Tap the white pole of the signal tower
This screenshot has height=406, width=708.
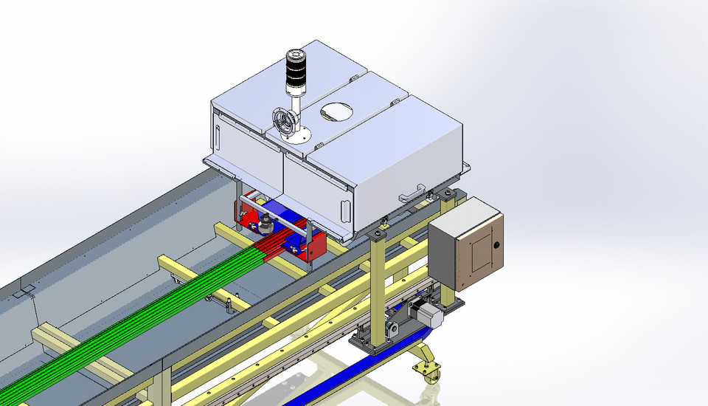(x=296, y=111)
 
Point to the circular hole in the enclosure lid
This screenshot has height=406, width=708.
(x=336, y=111)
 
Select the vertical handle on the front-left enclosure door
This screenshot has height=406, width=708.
(x=219, y=137)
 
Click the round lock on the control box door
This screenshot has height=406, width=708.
(x=496, y=244)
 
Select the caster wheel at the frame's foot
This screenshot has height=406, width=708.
(x=428, y=371)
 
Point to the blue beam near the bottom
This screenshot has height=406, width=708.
(x=347, y=373)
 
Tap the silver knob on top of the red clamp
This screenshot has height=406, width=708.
(x=263, y=221)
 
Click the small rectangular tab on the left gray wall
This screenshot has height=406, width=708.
(x=22, y=292)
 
